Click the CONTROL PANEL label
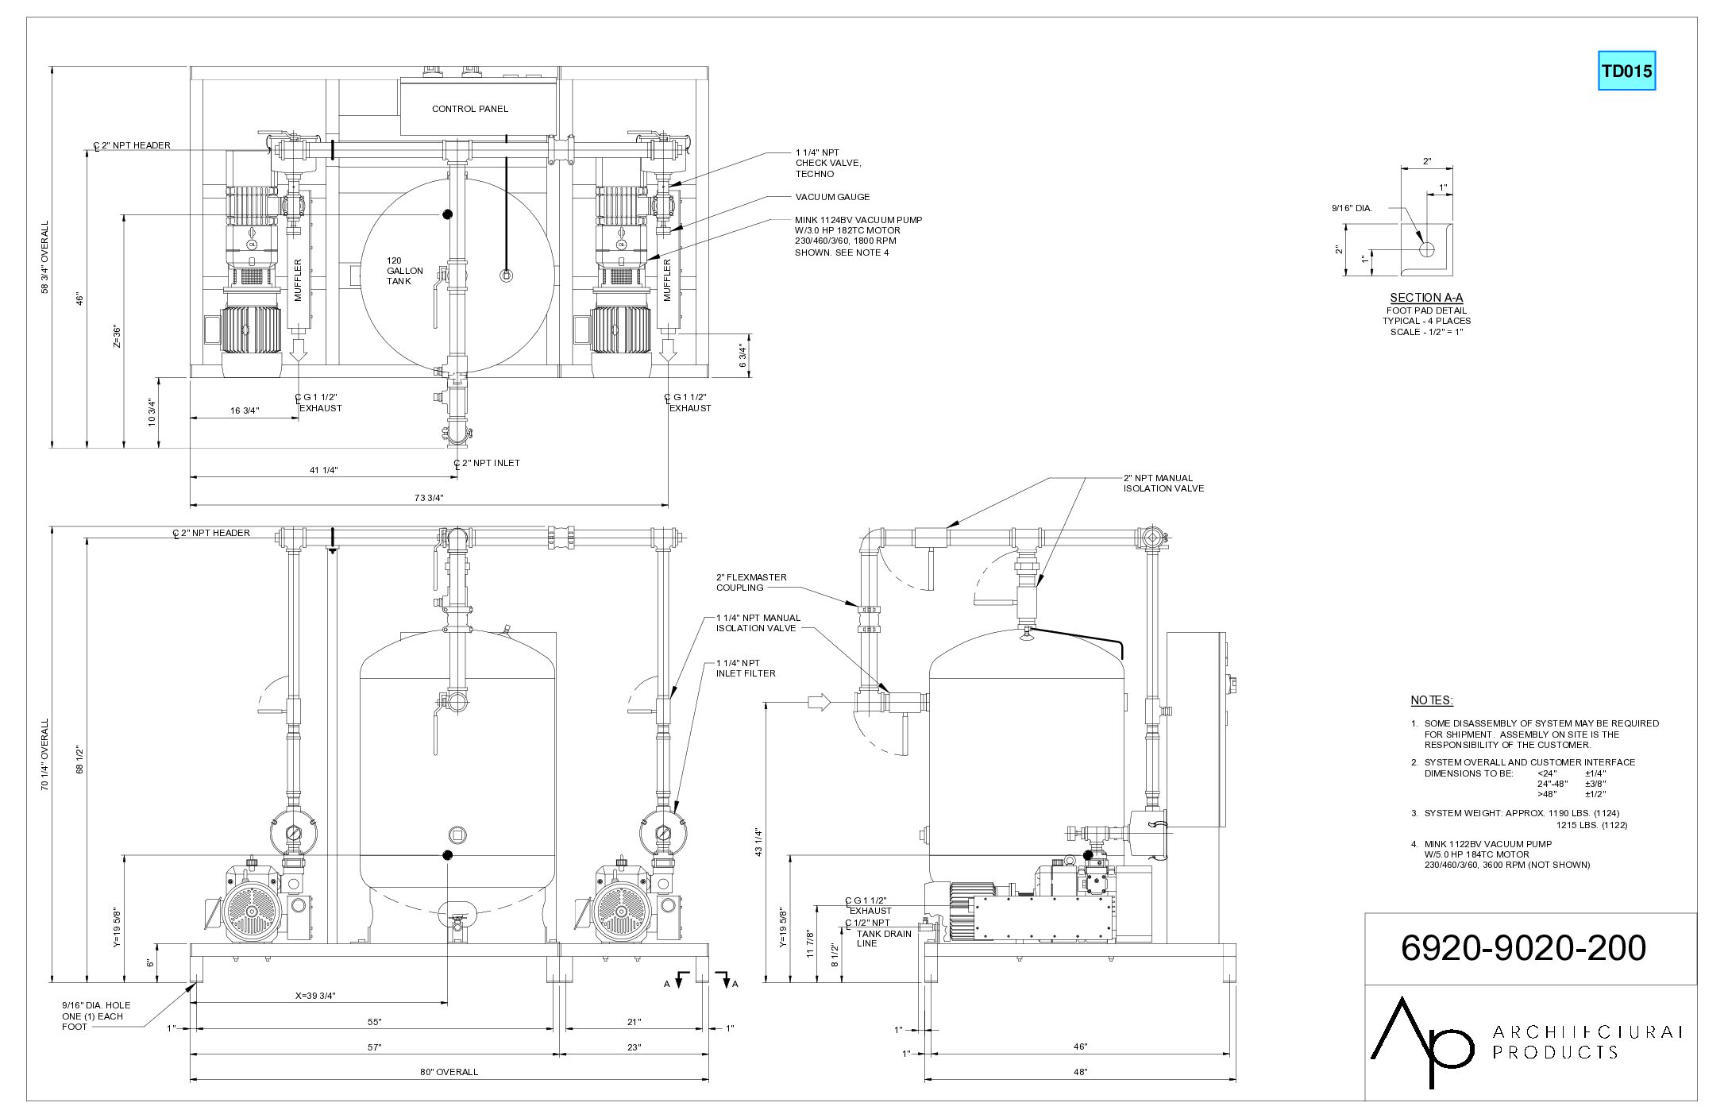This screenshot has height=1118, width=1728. [x=470, y=109]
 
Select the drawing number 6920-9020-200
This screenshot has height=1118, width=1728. [x=1523, y=947]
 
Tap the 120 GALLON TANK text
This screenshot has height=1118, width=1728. [x=405, y=271]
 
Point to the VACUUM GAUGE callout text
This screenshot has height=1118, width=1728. [x=832, y=197]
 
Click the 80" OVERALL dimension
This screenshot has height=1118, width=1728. [x=449, y=1072]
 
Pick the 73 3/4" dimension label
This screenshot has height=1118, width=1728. [x=429, y=498]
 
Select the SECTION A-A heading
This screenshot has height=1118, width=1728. [x=1426, y=298]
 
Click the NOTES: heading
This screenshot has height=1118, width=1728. [x=1432, y=700]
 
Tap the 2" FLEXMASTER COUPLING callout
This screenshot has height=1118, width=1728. [x=751, y=583]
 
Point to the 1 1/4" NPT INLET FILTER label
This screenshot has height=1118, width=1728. [x=746, y=669]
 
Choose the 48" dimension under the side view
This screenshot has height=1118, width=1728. [x=1080, y=1072]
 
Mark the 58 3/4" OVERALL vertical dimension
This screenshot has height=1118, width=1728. [x=45, y=256]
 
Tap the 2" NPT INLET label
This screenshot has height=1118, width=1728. [x=487, y=463]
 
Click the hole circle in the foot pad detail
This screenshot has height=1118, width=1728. [x=1426, y=249]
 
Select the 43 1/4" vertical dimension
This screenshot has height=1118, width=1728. [x=758, y=842]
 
